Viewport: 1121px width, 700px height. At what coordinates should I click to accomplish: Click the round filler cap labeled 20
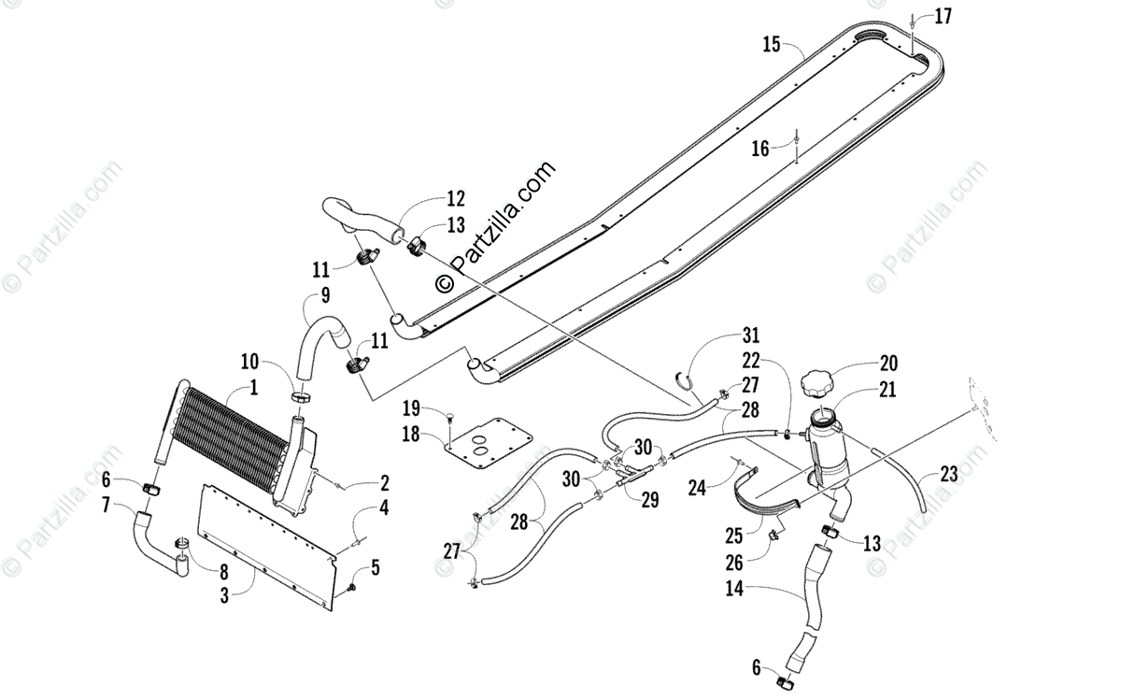pos(822,382)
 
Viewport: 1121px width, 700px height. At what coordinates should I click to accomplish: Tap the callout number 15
pos(771,43)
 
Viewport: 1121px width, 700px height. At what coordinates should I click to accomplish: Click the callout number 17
pos(943,16)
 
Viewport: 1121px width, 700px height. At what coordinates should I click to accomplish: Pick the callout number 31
pos(752,335)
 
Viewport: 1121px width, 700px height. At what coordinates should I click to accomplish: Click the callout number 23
pos(949,474)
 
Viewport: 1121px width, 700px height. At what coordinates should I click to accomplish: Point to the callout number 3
pos(224,594)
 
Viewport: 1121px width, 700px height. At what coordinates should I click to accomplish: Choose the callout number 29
pos(650,500)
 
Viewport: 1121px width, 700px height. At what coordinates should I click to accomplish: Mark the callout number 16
pos(760,149)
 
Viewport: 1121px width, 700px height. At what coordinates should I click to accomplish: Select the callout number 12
pos(455,198)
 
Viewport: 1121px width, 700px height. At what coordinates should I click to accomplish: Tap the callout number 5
pos(376,566)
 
